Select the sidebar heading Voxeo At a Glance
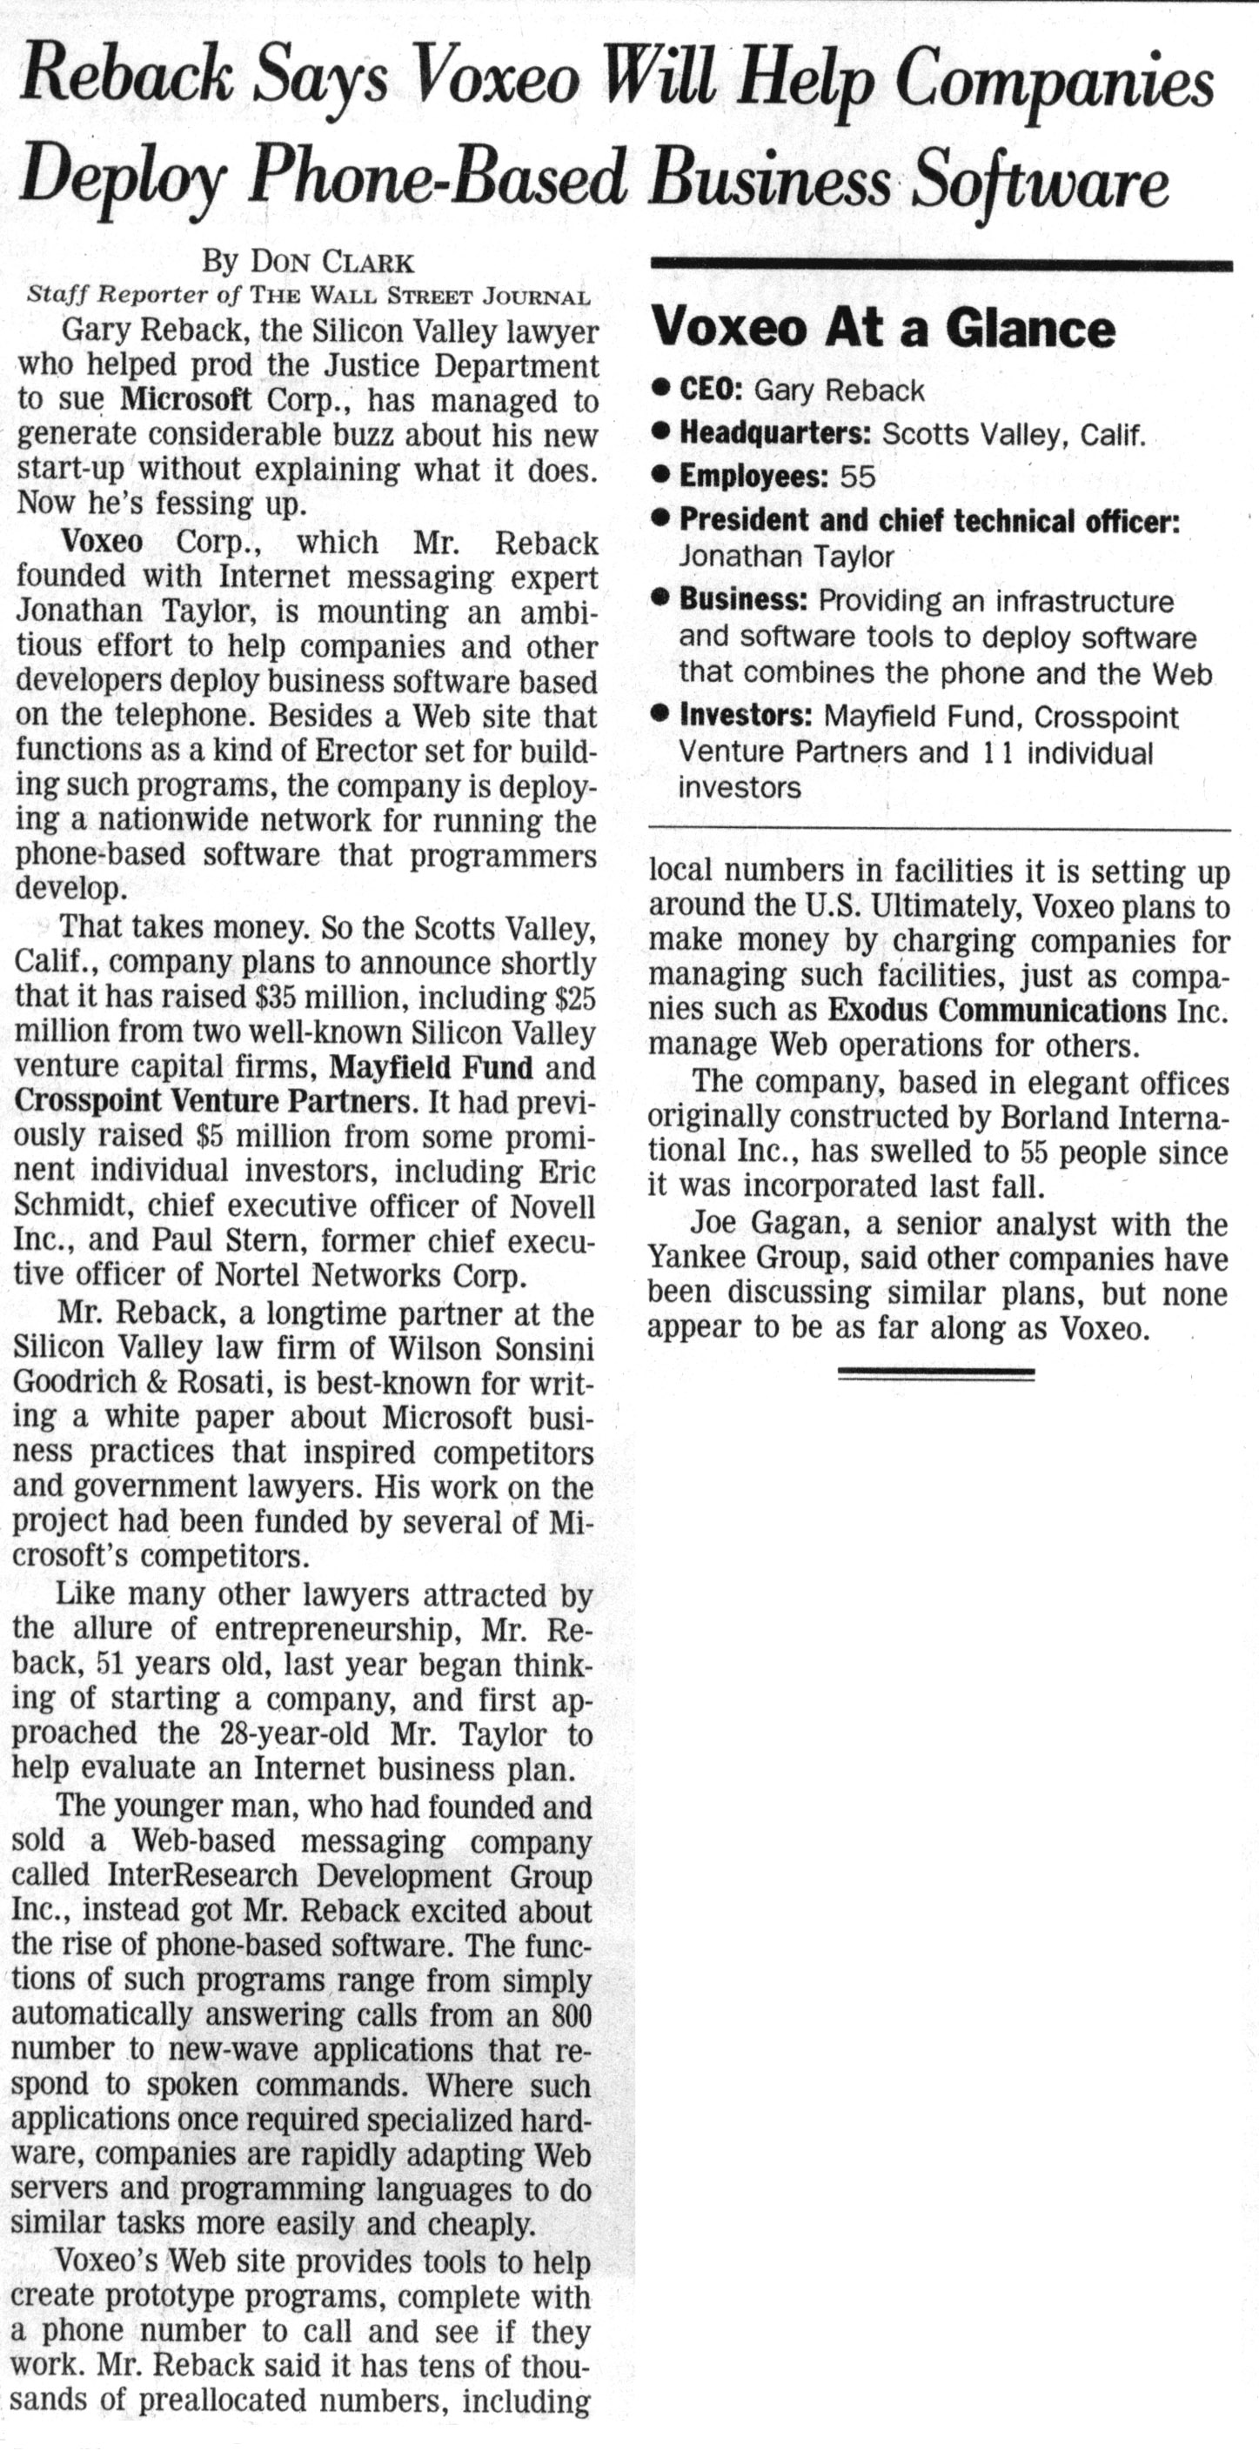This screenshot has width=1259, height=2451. click(x=881, y=330)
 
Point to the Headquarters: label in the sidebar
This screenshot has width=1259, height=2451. click(x=775, y=434)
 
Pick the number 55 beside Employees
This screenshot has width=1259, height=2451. click(x=857, y=477)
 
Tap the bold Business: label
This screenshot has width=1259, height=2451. click(x=743, y=600)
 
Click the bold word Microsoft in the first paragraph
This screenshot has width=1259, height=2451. click(x=186, y=398)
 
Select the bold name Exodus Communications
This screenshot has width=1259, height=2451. click(x=996, y=1010)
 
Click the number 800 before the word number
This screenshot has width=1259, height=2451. click(x=571, y=2014)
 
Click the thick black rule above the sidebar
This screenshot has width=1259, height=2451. click(x=941, y=265)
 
